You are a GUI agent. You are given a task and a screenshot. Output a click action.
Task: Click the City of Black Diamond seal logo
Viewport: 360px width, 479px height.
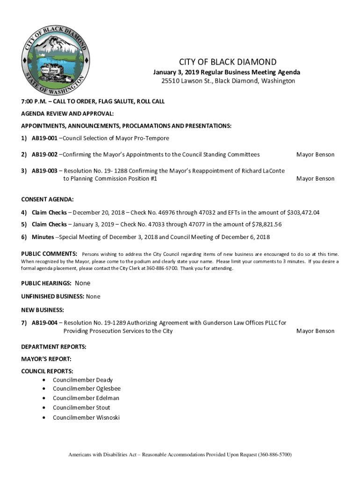[x=54, y=58]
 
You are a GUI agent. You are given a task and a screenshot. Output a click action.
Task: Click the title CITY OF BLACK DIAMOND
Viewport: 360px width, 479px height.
[x=228, y=62]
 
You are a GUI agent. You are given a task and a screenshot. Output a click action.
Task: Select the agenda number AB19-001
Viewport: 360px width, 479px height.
[x=44, y=138]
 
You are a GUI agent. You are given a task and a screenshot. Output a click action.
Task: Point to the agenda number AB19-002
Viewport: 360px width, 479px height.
[x=44, y=155]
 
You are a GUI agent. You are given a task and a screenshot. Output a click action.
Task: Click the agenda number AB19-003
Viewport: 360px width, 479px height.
[x=44, y=171]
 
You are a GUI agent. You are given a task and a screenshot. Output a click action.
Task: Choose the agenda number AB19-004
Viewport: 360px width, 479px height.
[x=44, y=323]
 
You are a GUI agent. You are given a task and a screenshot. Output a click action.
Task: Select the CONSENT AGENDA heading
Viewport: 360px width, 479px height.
[x=47, y=199]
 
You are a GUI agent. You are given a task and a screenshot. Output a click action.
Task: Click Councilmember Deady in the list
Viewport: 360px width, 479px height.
[x=82, y=380]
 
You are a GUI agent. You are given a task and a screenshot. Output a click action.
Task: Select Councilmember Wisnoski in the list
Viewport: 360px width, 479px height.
[x=86, y=417]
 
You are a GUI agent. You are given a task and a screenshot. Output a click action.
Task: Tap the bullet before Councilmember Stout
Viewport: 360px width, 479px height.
[x=43, y=408]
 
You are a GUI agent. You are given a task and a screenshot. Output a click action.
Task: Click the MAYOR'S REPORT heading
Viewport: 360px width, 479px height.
[x=46, y=359]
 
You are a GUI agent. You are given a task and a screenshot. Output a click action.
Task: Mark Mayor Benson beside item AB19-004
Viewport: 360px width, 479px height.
[x=315, y=331]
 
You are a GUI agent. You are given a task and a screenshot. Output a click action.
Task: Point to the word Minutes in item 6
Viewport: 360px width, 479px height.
[x=43, y=237]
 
